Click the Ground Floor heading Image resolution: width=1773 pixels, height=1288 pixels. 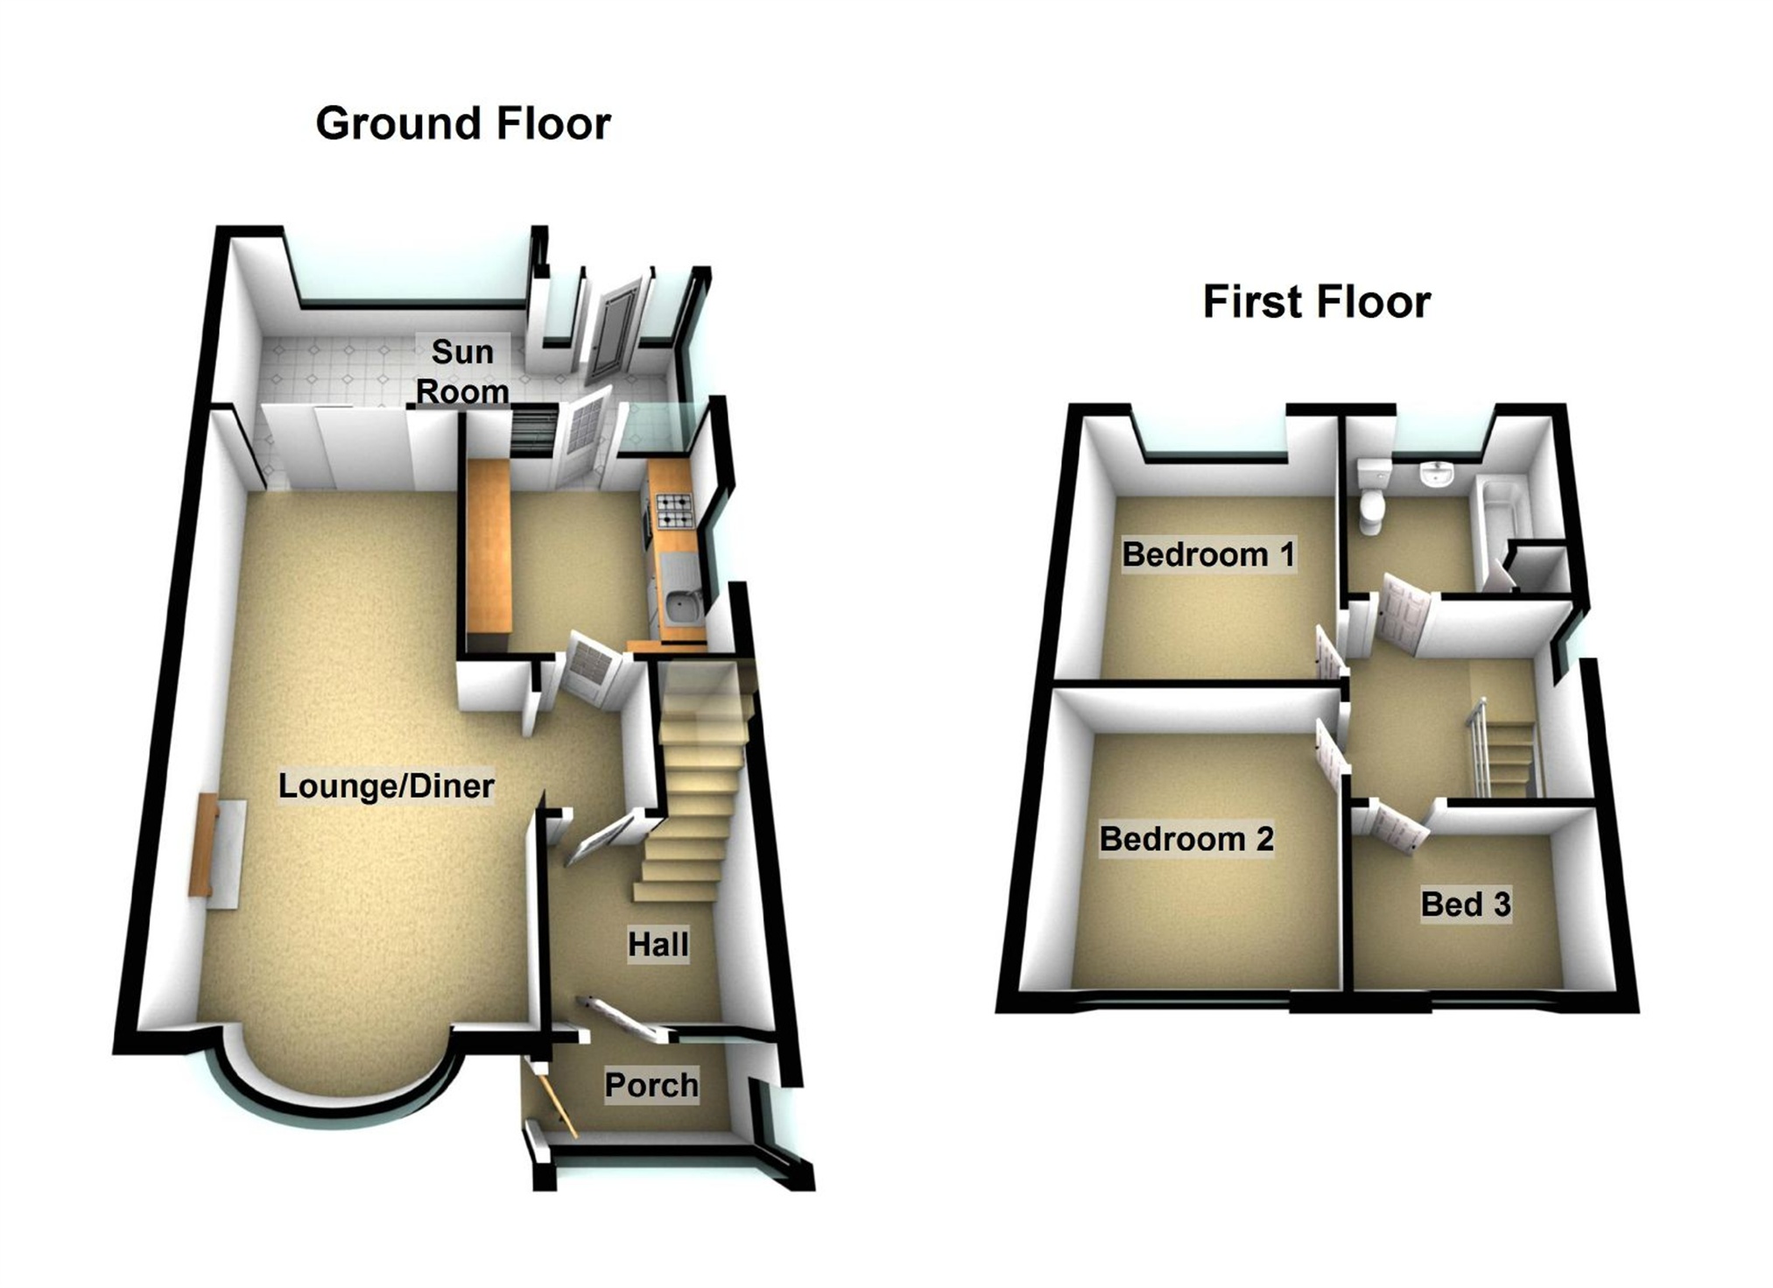tap(462, 123)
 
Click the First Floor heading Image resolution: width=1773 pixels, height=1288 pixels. tap(1316, 302)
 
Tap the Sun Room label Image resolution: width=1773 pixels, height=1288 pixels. tap(462, 371)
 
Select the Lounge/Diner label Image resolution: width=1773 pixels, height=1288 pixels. tap(386, 785)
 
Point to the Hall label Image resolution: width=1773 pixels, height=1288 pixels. tap(658, 944)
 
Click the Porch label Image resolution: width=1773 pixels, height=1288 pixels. tap(651, 1085)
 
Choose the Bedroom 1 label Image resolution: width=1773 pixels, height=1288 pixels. tap(1207, 554)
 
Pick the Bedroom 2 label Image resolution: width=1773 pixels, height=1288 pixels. tap(1186, 838)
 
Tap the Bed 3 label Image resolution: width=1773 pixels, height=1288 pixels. tap(1465, 904)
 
